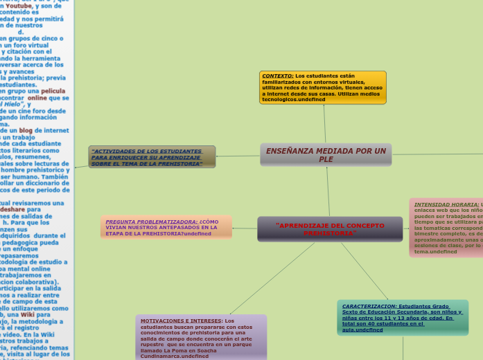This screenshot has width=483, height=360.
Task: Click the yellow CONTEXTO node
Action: [322, 87]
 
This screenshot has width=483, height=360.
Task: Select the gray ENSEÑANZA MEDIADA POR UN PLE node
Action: [326, 154]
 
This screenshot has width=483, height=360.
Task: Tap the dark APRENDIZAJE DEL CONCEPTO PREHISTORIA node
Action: [330, 228]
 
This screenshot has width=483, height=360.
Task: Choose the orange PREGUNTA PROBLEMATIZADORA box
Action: [166, 227]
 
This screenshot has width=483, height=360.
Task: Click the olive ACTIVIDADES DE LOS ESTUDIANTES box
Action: [152, 157]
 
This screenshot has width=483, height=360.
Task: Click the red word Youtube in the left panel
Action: [28, 6]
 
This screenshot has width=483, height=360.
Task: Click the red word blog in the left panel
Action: [26, 130]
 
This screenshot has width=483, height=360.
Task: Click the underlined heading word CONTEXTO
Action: [278, 75]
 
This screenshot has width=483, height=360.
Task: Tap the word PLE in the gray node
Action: [326, 160]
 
